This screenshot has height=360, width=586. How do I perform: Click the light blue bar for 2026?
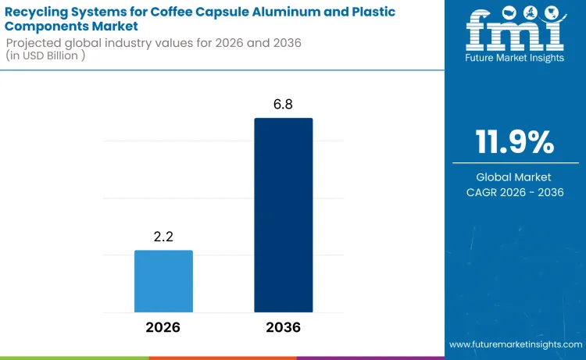pyautogui.click(x=163, y=281)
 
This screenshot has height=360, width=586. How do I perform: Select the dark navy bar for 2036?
pyautogui.click(x=283, y=215)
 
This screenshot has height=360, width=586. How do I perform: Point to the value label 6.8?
pyautogui.click(x=283, y=105)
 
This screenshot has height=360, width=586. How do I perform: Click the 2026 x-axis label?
pyautogui.click(x=163, y=327)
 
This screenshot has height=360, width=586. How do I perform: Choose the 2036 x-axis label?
pyautogui.click(x=283, y=327)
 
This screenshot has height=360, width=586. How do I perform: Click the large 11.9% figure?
pyautogui.click(x=515, y=143)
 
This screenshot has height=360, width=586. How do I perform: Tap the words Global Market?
pyautogui.click(x=515, y=177)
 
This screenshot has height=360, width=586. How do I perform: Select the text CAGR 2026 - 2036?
pyautogui.click(x=515, y=192)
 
